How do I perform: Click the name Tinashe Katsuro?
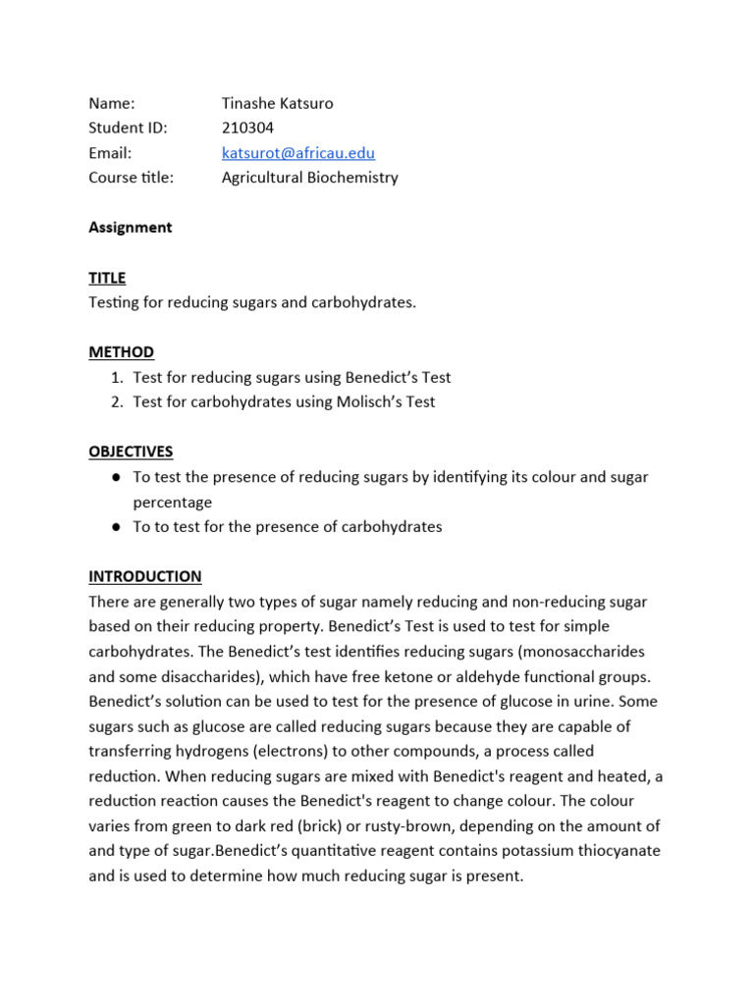(x=277, y=103)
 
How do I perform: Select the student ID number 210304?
(x=247, y=128)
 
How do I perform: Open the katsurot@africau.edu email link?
(x=298, y=153)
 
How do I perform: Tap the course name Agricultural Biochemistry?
(x=309, y=178)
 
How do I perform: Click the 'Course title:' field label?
(x=131, y=178)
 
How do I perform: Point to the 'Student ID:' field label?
(x=128, y=128)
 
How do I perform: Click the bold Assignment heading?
(x=130, y=227)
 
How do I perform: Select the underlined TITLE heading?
(x=107, y=278)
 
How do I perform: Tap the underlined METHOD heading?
(x=121, y=352)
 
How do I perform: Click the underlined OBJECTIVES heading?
(x=131, y=451)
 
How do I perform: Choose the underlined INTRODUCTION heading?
(x=144, y=576)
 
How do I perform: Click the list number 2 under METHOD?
(x=116, y=401)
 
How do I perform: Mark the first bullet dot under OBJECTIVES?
(x=116, y=477)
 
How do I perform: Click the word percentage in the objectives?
(x=172, y=502)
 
